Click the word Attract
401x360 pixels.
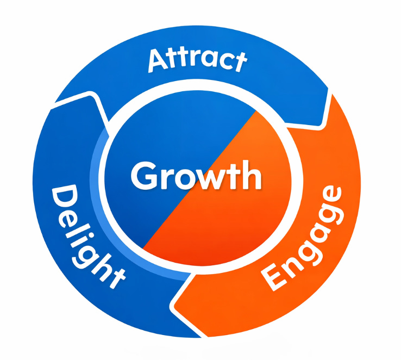pyautogui.click(x=197, y=59)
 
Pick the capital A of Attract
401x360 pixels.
pyautogui.click(x=158, y=61)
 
